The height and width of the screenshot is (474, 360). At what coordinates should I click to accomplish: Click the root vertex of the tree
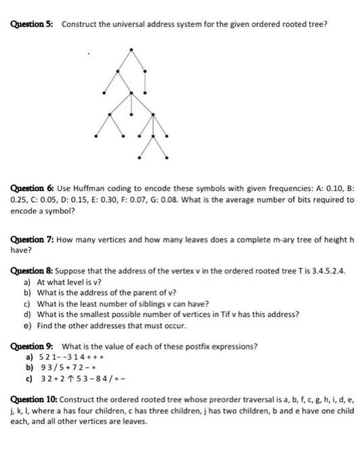click(x=131, y=49)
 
